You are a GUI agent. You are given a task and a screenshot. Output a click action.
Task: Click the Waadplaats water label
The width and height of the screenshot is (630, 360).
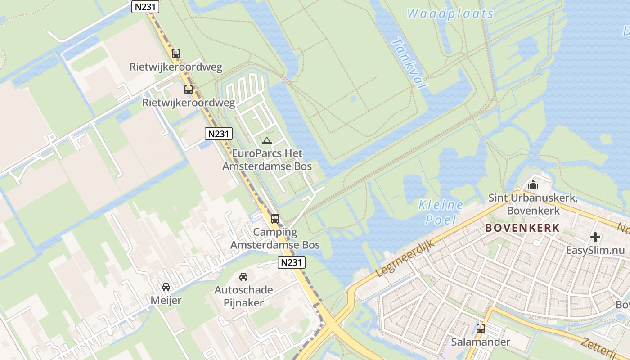click(x=450, y=14)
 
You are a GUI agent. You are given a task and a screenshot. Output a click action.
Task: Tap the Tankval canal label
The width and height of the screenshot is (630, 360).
click(x=409, y=63)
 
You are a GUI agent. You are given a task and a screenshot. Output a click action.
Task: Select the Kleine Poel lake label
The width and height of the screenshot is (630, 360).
click(x=441, y=212)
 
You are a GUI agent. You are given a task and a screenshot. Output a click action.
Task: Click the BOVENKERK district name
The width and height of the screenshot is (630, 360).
click(x=522, y=228)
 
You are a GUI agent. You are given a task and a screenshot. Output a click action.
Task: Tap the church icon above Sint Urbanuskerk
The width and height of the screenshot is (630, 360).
click(x=533, y=184)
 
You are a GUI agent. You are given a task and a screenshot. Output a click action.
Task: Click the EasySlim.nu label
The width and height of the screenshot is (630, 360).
click(x=595, y=250)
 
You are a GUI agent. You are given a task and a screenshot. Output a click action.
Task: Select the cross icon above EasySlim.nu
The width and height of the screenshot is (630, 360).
click(x=595, y=237)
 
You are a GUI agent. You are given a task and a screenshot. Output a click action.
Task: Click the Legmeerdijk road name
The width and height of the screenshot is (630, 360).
click(x=404, y=258)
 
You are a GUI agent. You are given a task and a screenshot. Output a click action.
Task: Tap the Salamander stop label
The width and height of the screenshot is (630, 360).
click(x=481, y=342)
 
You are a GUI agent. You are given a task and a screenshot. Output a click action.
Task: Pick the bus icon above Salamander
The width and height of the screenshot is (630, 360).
click(x=481, y=328)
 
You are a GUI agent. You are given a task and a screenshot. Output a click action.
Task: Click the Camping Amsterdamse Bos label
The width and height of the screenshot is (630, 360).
click(x=275, y=238)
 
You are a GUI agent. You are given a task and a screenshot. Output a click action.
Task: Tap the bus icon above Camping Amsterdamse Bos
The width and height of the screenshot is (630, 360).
click(x=274, y=219)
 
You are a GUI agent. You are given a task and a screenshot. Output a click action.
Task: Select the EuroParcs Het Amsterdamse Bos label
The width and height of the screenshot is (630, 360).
click(x=267, y=160)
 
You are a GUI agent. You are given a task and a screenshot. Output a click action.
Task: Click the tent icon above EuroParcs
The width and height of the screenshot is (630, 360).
click(x=267, y=141)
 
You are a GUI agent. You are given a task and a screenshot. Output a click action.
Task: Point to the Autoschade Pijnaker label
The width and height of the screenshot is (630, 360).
click(x=243, y=296)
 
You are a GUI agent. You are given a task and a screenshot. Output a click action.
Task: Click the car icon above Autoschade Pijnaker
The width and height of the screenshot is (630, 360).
click(x=243, y=276)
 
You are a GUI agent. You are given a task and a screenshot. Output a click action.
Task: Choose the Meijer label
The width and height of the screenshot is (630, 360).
click(x=166, y=300)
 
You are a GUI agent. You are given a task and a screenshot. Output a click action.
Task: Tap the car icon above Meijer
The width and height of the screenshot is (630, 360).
click(x=166, y=287)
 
